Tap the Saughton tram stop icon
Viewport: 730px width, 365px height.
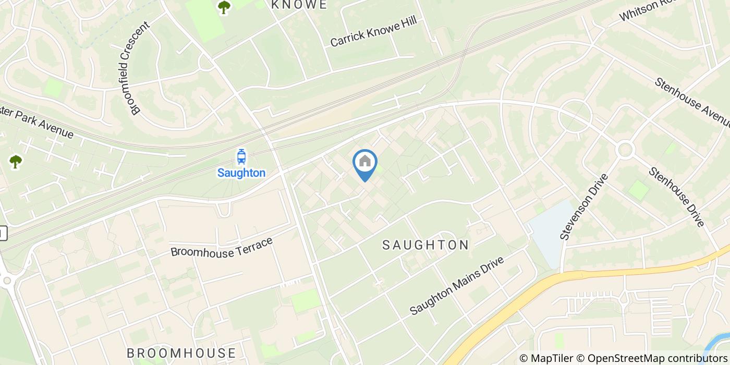click(241, 156)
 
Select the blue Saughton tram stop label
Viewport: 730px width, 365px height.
click(241, 173)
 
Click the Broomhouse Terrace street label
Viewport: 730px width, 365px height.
click(222, 247)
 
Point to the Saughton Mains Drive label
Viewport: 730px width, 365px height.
click(457, 285)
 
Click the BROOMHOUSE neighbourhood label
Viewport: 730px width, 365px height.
click(181, 353)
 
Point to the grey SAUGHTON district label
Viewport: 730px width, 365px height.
click(425, 245)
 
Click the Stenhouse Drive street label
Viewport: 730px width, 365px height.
click(677, 197)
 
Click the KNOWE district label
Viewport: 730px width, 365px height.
click(299, 5)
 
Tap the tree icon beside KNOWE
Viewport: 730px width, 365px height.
click(224, 7)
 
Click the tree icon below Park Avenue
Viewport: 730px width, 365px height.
click(16, 162)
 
